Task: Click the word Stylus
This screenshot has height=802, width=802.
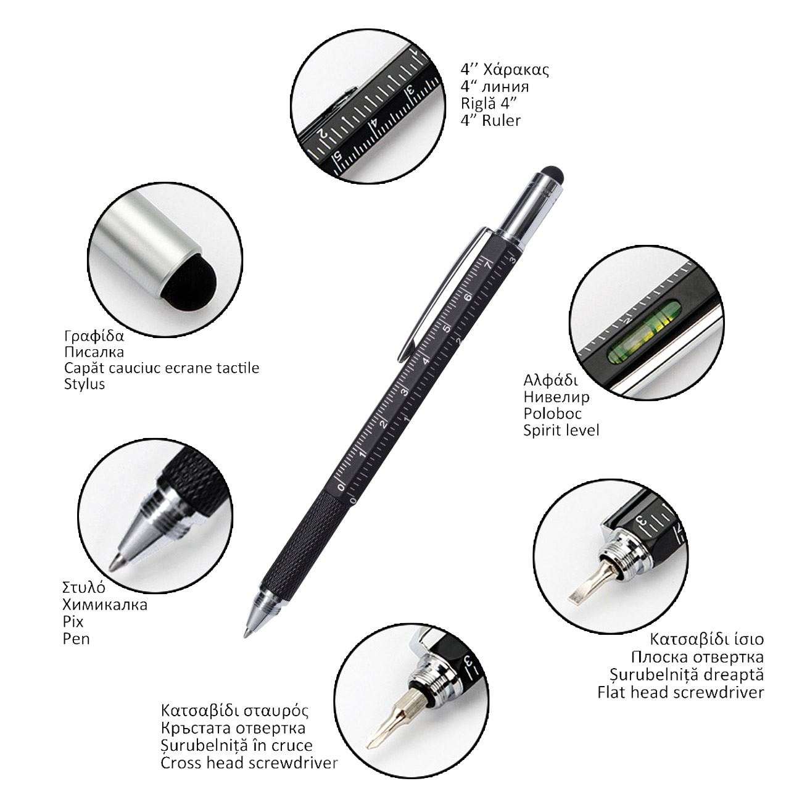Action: tap(84, 384)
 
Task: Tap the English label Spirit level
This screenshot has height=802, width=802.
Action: tap(561, 431)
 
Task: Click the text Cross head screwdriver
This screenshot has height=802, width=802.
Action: tap(249, 763)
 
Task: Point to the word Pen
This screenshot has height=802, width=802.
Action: tap(76, 639)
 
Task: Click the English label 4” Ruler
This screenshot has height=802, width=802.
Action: tap(490, 121)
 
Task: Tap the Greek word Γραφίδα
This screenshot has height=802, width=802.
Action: tap(94, 336)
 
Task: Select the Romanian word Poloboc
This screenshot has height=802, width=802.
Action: tap(552, 413)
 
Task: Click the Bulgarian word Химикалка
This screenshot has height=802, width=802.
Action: tap(105, 605)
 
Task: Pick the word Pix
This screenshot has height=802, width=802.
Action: tap(73, 622)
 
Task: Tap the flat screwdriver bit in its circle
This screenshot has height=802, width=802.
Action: tap(587, 583)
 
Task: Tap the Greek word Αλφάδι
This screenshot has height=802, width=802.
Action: tap(551, 381)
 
